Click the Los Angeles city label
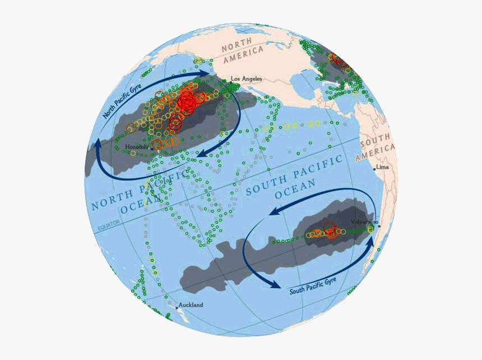[x=247, y=79]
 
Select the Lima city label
[x=383, y=167]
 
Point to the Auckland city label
[x=191, y=305]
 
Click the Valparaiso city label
[x=364, y=222]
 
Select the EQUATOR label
[x=109, y=227]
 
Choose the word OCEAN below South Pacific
[x=295, y=189]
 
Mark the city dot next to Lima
[x=374, y=169]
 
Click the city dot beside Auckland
[x=177, y=307]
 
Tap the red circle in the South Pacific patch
[x=329, y=228]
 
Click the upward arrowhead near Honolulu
[x=98, y=144]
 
